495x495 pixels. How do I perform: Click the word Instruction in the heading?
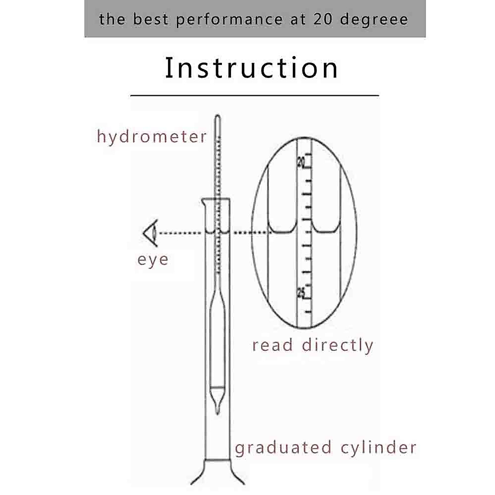pos(251,68)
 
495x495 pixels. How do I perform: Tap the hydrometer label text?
pos(152,137)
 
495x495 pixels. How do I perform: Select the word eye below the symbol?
pos(153,260)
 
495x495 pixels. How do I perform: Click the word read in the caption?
pos(272,345)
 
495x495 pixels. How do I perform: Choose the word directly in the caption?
pos(337,346)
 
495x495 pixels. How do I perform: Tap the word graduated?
pos(283,448)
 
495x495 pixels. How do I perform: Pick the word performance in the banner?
pos(230,20)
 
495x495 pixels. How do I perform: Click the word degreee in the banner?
pos(374,20)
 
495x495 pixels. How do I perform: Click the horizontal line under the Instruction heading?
pos(255,95)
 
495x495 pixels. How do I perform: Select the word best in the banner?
pos(151,19)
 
